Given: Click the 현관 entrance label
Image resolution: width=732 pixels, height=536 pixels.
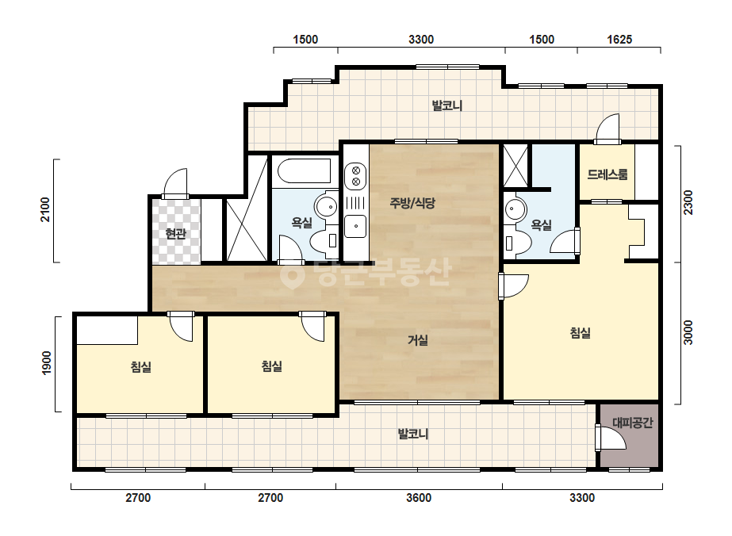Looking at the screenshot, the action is [175, 233].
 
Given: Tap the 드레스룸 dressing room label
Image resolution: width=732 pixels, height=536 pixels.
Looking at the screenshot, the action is [607, 174].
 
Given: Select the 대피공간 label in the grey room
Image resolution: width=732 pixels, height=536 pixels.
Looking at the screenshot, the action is [632, 423].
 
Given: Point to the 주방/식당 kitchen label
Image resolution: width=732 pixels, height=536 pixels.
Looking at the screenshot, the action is [412, 203].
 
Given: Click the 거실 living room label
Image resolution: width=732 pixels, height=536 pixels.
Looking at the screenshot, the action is [417, 340].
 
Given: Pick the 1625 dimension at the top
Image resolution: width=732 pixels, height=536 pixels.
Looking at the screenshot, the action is [619, 40].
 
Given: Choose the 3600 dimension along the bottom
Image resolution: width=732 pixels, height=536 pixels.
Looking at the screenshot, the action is [418, 498].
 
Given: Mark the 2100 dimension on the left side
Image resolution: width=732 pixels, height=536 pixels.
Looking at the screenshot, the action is [45, 209].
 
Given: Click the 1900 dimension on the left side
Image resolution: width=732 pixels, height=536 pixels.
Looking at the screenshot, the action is [46, 363].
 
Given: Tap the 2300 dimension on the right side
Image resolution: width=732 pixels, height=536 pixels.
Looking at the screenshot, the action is [688, 203].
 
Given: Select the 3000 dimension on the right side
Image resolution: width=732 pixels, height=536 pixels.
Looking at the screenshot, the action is [688, 332].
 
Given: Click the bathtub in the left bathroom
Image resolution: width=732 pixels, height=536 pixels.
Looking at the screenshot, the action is [305, 171].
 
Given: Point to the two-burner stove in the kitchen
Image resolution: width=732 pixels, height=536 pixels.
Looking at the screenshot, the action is [355, 176].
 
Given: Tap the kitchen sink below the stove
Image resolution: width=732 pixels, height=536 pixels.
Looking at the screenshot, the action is [356, 226].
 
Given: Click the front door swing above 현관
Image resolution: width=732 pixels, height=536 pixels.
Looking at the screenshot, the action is [175, 183].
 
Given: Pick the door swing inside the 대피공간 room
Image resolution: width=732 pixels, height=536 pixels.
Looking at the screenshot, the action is [611, 438].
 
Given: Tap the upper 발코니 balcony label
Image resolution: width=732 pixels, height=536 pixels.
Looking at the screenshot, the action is [446, 105].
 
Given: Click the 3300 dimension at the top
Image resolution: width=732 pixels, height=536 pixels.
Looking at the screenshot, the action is [421, 40].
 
